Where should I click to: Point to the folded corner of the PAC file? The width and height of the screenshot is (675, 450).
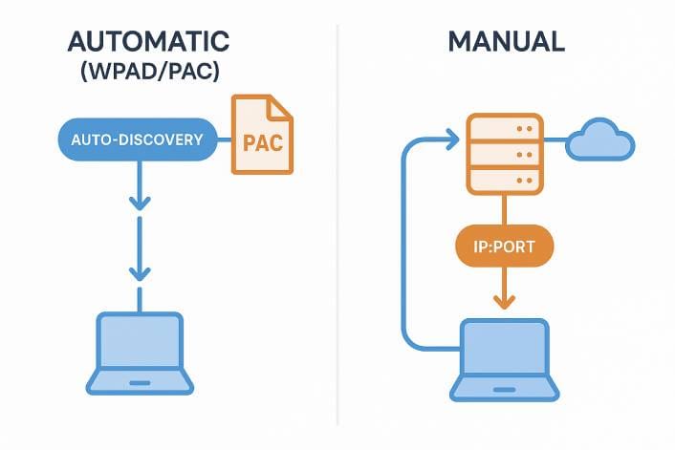click(282, 106)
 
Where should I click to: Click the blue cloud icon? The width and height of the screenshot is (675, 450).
click(599, 143)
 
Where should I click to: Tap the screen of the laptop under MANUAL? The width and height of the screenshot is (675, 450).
click(505, 350)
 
